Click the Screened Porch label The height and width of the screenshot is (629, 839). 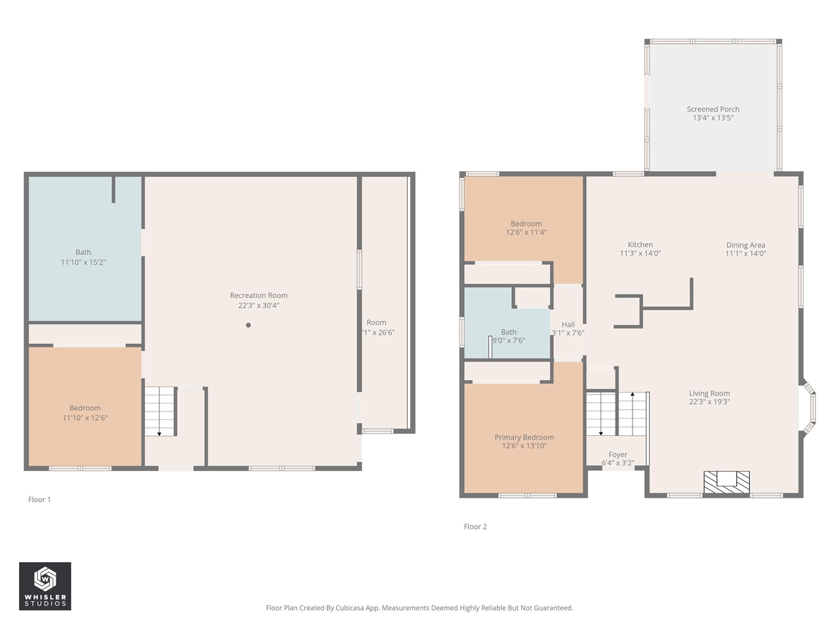click(x=712, y=109)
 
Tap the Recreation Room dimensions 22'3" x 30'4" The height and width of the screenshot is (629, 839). click(x=258, y=305)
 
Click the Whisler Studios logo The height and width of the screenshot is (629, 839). click(x=45, y=586)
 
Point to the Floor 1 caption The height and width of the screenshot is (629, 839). click(x=39, y=500)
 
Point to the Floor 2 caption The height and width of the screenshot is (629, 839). click(x=475, y=527)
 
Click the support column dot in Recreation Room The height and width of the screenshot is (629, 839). click(x=248, y=325)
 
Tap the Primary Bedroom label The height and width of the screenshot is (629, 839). click(x=524, y=438)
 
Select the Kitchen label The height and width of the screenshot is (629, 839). click(x=640, y=245)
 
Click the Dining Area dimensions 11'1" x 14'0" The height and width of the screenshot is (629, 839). click(x=745, y=254)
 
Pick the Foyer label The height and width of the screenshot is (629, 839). click(x=617, y=455)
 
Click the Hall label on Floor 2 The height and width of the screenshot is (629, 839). click(x=568, y=324)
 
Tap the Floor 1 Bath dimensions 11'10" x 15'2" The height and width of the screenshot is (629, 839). click(x=83, y=262)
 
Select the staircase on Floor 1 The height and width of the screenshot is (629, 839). click(x=160, y=411)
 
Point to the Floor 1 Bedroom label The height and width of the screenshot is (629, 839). click(x=85, y=408)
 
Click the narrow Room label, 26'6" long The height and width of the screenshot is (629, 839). click(x=376, y=322)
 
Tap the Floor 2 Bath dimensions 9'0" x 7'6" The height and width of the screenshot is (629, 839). click(x=509, y=341)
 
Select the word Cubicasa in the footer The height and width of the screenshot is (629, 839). click(x=350, y=608)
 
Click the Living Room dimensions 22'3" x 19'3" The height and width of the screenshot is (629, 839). click(x=709, y=402)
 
